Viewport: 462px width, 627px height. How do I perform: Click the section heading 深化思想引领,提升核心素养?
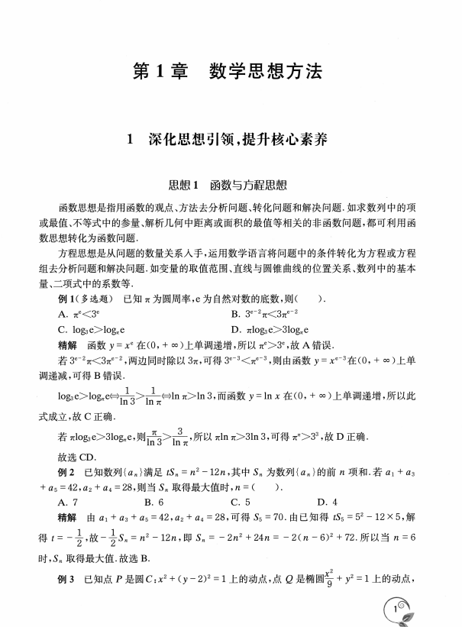pos(231,140)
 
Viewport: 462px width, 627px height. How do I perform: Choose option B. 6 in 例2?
pos(153,502)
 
